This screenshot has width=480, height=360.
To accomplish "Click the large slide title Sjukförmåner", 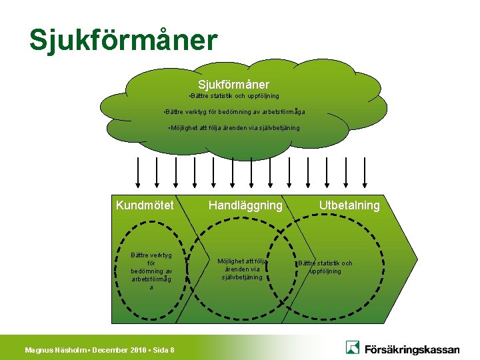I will tap(123, 40).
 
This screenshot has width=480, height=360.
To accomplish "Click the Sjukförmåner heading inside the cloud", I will tap(233, 85).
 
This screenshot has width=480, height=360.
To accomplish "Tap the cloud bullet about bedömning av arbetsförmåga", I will tap(234, 112).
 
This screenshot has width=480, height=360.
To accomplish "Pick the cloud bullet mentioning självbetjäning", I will tap(234, 127).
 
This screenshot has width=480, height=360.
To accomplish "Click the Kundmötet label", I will tap(145, 205).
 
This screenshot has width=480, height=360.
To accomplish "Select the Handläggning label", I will tap(245, 205).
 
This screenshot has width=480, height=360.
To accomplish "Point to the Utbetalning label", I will tap(349, 205).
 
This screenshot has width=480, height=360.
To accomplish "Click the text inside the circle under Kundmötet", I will tap(151, 271).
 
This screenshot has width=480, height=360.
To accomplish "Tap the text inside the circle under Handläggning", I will tap(242, 269).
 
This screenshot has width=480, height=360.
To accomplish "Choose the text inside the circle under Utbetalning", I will tap(325, 267).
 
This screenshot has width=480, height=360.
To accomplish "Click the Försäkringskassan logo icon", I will tap(353, 347).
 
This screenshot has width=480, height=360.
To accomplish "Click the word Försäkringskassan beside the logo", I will tap(411, 348).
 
